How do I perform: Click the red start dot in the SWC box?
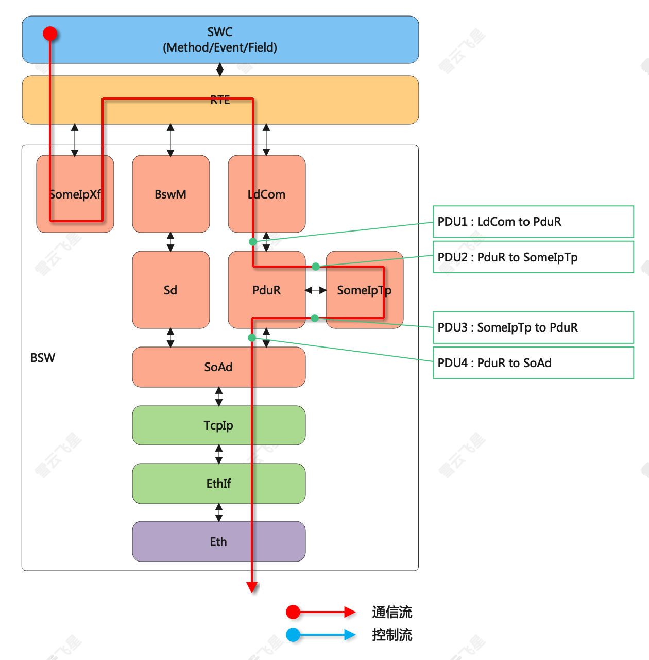click(50, 34)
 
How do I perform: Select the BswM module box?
click(170, 194)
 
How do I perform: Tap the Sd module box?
click(170, 290)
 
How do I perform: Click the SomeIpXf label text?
click(75, 194)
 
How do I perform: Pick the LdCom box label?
click(266, 194)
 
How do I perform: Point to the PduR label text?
click(266, 290)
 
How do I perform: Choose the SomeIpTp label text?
click(364, 290)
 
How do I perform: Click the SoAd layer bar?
click(218, 367)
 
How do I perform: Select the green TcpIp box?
click(218, 425)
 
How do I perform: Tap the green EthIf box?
click(218, 483)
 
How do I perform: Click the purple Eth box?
click(218, 541)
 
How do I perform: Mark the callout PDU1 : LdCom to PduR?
click(533, 222)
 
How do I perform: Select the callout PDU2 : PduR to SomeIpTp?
click(533, 257)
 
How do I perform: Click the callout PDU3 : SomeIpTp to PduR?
click(533, 327)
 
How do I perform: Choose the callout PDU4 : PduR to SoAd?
click(533, 363)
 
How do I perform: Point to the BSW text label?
click(43, 358)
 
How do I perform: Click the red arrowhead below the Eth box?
click(252, 587)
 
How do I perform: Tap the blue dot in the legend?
click(293, 635)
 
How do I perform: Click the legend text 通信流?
click(392, 613)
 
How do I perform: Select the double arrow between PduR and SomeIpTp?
click(316, 290)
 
